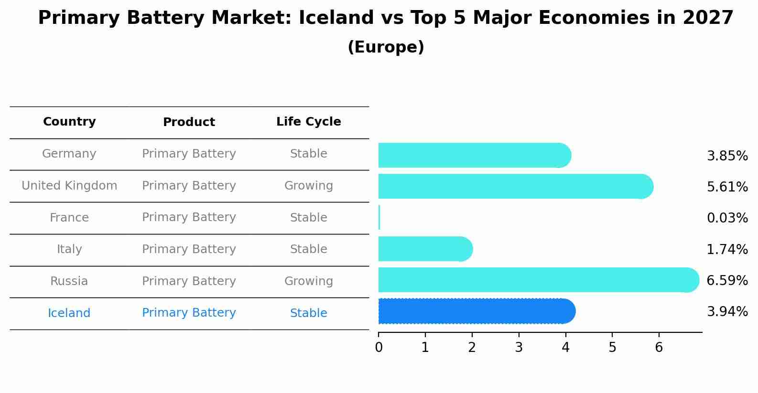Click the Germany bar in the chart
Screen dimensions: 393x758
click(473, 155)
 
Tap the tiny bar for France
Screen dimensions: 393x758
click(379, 218)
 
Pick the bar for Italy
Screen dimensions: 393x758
click(424, 249)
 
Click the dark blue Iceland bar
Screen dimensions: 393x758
click(476, 311)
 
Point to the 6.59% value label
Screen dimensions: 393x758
click(727, 281)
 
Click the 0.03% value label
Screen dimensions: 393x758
click(727, 218)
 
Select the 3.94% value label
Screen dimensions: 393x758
click(727, 312)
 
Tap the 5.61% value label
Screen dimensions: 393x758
click(727, 187)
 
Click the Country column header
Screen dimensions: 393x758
click(69, 122)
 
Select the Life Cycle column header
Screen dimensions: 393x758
click(308, 122)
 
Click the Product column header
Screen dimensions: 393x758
click(189, 122)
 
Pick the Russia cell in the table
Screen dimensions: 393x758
click(69, 281)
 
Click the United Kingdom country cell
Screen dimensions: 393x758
click(69, 186)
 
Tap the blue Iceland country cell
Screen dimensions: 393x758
click(69, 313)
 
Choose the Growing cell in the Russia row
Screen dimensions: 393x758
click(308, 281)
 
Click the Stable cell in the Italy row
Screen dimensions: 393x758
click(308, 249)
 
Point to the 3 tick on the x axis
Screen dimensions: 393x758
click(519, 347)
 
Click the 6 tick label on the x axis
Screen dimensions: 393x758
click(659, 347)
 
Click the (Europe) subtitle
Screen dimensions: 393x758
click(386, 47)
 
